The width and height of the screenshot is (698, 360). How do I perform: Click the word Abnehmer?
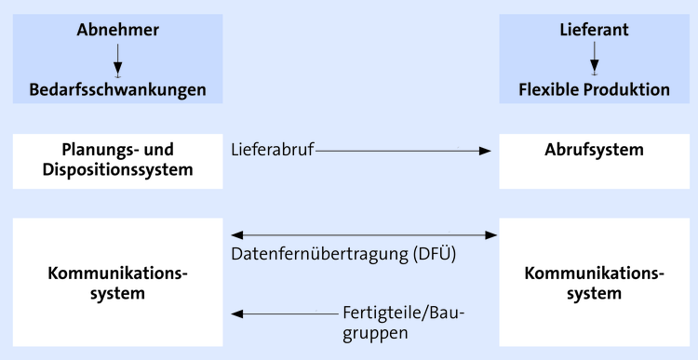pos(117,30)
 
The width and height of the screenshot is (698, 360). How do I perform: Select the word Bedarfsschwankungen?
pos(117,90)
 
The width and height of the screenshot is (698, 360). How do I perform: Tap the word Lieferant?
pos(594,30)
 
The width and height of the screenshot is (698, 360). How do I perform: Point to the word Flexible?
pos(551,90)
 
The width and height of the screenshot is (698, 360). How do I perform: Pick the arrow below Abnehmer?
pos(117,60)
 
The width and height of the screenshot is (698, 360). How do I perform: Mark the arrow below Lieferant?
pos(594,60)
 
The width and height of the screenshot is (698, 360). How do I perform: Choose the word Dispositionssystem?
pos(117,169)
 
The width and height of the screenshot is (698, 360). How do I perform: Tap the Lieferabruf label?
pos(272,150)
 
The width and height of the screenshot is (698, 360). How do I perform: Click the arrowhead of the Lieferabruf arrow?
pos(484,151)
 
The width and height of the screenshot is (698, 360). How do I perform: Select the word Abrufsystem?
pos(594,150)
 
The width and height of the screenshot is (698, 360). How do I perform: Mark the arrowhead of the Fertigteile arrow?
pos(237,313)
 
